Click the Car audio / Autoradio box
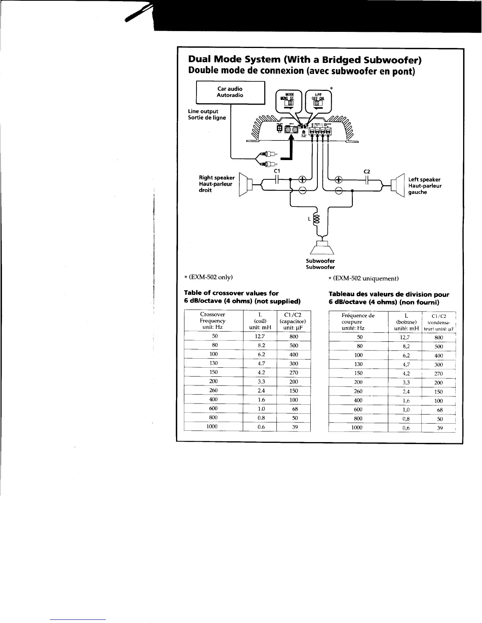click(230, 92)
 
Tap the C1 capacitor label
click(277, 171)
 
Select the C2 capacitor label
click(367, 171)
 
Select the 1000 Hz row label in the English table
click(213, 426)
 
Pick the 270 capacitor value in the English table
click(294, 372)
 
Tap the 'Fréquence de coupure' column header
click(358, 322)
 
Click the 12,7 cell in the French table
click(405, 337)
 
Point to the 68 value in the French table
click(440, 410)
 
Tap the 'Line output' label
click(203, 111)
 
